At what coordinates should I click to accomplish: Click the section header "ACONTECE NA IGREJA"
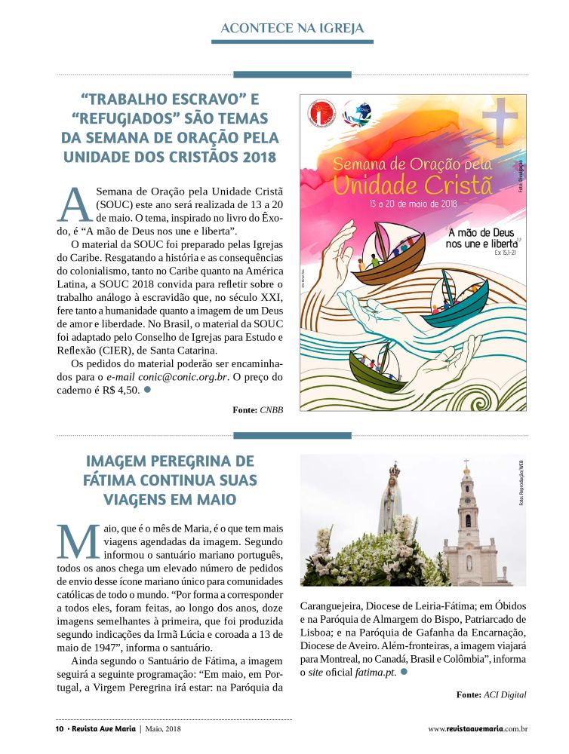293,29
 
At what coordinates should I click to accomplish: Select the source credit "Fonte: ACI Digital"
491,694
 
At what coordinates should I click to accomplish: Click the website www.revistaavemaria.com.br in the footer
477,729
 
